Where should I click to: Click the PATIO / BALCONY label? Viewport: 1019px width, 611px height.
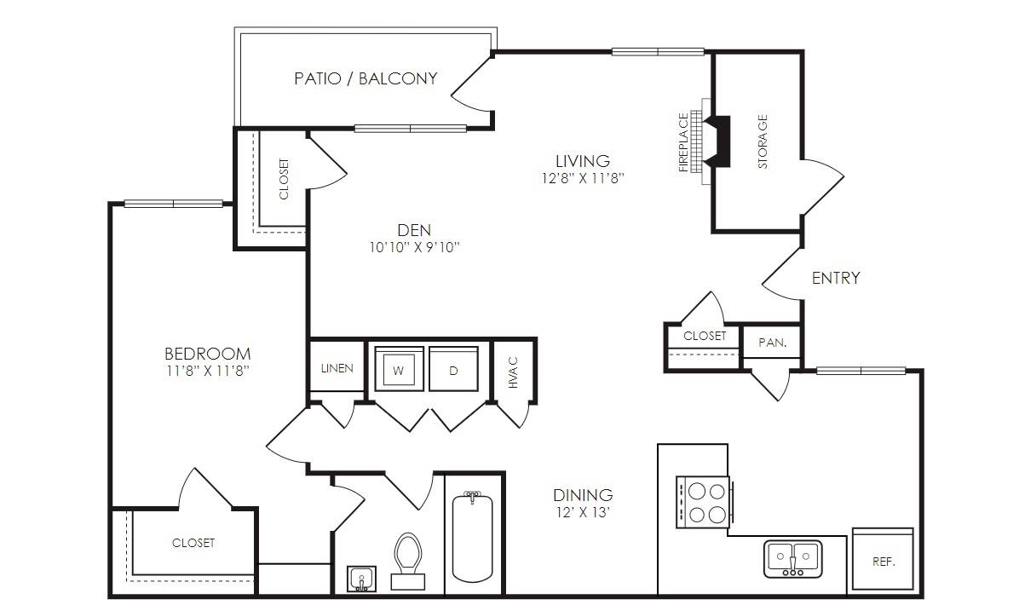pyautogui.click(x=366, y=78)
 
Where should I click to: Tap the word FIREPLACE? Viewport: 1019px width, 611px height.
pyautogui.click(x=683, y=142)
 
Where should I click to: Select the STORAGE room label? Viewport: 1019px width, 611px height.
pyautogui.click(x=763, y=141)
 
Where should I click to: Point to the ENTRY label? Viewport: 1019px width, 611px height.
pyautogui.click(x=836, y=278)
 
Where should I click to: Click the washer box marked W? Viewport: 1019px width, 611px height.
pyautogui.click(x=399, y=369)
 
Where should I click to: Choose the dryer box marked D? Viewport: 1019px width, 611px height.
pyautogui.click(x=453, y=369)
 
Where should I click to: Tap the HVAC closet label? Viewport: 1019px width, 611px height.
pyautogui.click(x=514, y=372)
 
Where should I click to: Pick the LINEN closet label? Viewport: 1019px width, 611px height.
pyautogui.click(x=337, y=368)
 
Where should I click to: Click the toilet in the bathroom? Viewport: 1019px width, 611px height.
pyautogui.click(x=408, y=561)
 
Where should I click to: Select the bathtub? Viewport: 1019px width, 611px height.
pyautogui.click(x=473, y=537)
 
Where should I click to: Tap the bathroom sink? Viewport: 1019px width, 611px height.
pyautogui.click(x=361, y=579)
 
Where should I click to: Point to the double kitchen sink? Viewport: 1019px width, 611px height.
pyautogui.click(x=793, y=558)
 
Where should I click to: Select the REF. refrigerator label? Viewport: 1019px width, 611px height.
pyautogui.click(x=884, y=562)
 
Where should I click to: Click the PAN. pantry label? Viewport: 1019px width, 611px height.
pyautogui.click(x=773, y=342)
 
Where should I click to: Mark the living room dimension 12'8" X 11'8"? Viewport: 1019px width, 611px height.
pyautogui.click(x=583, y=178)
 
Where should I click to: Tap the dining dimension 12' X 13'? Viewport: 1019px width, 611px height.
pyautogui.click(x=583, y=512)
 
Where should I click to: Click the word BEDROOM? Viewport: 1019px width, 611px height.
pyautogui.click(x=207, y=354)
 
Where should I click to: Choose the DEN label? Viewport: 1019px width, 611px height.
pyautogui.click(x=414, y=230)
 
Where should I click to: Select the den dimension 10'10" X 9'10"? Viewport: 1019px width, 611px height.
pyautogui.click(x=415, y=248)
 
